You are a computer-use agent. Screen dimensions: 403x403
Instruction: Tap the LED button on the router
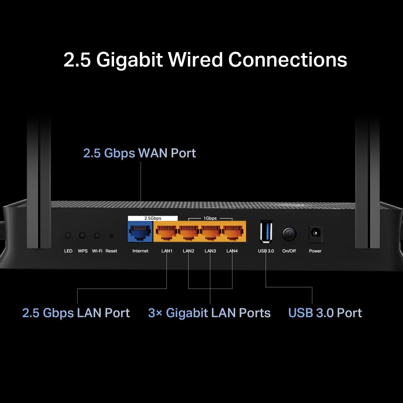(x=68, y=235)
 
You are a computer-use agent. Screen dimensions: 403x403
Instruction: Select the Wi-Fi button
(x=97, y=235)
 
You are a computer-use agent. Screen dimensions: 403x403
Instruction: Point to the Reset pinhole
(x=111, y=235)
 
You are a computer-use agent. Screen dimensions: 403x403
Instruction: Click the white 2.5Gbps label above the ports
(x=153, y=218)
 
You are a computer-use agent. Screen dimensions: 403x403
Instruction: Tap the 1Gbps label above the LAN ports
(x=210, y=218)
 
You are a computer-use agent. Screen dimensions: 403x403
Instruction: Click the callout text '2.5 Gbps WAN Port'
(x=139, y=153)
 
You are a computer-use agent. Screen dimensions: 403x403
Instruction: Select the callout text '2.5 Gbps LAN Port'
(x=76, y=313)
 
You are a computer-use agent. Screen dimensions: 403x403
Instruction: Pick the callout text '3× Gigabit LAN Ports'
(x=209, y=313)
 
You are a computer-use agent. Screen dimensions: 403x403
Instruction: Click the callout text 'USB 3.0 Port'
(x=325, y=313)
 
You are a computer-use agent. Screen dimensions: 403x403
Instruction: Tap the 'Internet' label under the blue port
(x=140, y=251)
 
